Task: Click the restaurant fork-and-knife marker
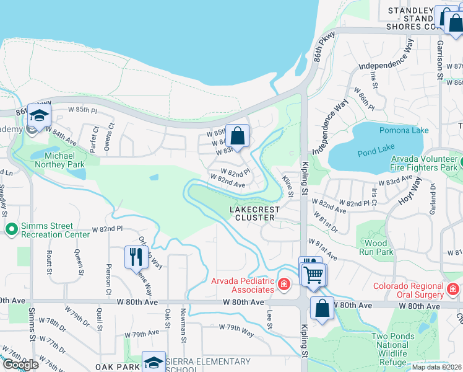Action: [x=136, y=256]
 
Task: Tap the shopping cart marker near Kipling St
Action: [x=314, y=273]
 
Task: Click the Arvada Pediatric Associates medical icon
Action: [x=284, y=285]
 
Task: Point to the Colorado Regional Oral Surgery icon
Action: [x=453, y=290]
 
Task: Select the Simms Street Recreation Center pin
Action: [x=11, y=230]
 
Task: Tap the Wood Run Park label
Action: [x=376, y=247]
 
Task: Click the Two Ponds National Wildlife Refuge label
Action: [x=389, y=349]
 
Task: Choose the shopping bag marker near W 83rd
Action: [x=237, y=135]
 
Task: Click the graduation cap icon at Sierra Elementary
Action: [x=154, y=362]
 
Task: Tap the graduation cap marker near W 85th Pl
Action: [x=39, y=115]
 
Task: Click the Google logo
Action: [x=20, y=364]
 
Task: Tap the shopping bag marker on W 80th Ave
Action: [x=322, y=308]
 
